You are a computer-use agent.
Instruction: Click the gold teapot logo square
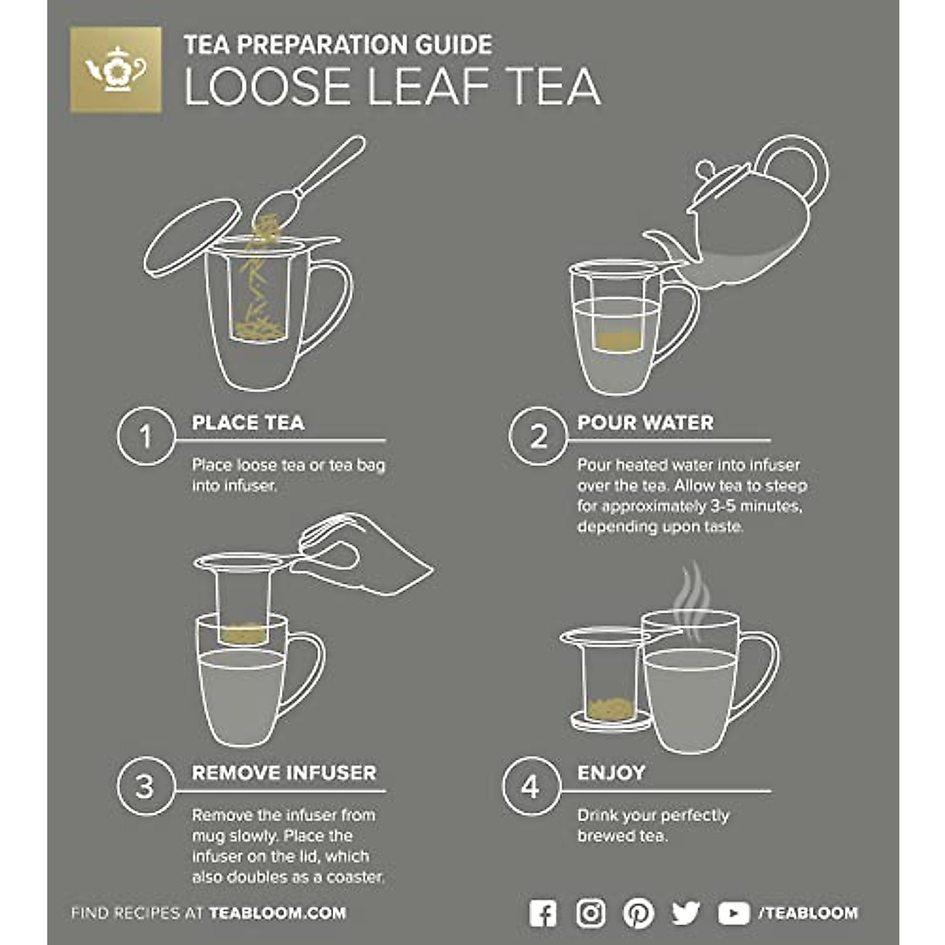pyautogui.click(x=116, y=69)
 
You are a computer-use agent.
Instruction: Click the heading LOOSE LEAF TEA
pyautogui.click(x=392, y=87)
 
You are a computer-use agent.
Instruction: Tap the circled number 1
pyautogui.click(x=145, y=436)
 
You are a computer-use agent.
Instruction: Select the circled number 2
pyautogui.click(x=538, y=436)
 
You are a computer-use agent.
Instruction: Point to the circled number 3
pyautogui.click(x=145, y=787)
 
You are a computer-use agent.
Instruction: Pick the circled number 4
pyautogui.click(x=531, y=787)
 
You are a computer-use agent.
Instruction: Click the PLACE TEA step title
pyautogui.click(x=247, y=423)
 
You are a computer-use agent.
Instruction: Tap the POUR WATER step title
pyautogui.click(x=645, y=423)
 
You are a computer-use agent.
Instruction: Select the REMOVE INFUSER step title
pyautogui.click(x=284, y=773)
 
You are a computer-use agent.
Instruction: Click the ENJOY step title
pyautogui.click(x=611, y=773)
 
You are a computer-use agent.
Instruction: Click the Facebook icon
pyautogui.click(x=543, y=913)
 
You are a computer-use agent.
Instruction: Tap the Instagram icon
pyautogui.click(x=591, y=913)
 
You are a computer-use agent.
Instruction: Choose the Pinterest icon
pyautogui.click(x=638, y=913)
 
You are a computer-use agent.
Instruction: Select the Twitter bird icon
pyautogui.click(x=686, y=913)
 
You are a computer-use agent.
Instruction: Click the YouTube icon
pyautogui.click(x=733, y=913)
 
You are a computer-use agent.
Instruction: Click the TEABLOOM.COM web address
pyautogui.click(x=277, y=913)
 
